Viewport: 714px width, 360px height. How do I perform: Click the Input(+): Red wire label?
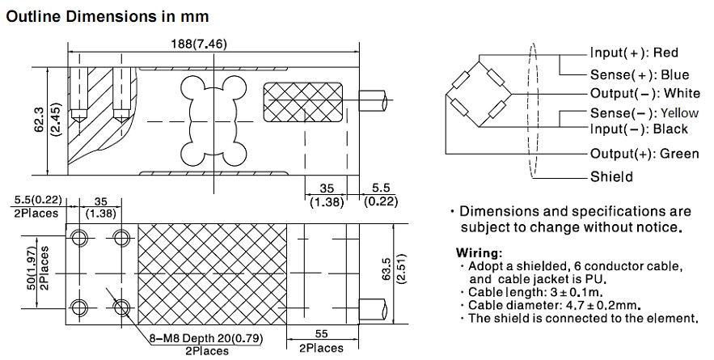(633, 53)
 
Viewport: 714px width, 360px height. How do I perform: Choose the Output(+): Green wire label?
(644, 153)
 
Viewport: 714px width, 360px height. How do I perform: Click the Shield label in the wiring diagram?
(610, 176)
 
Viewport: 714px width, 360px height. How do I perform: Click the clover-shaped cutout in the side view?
(212, 119)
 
